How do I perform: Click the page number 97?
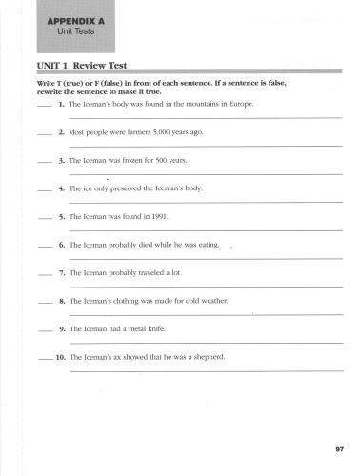click(x=339, y=448)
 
